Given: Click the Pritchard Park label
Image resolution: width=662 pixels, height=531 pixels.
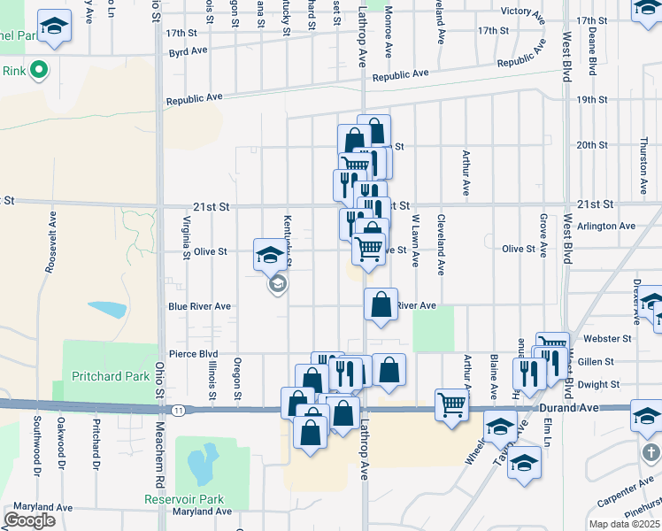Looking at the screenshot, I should (x=111, y=376).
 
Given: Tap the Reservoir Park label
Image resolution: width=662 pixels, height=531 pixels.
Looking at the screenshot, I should (x=185, y=499).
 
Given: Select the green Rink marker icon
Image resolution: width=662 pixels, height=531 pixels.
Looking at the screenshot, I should (x=38, y=71).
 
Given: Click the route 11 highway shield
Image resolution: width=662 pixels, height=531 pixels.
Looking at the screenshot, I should (x=179, y=410).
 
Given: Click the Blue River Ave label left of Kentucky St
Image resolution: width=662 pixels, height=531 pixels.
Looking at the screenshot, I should (x=199, y=307).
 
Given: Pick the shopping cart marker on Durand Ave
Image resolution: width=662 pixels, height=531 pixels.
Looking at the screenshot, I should (x=451, y=404).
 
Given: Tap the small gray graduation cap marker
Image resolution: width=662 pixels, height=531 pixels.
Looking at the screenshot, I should (x=278, y=283).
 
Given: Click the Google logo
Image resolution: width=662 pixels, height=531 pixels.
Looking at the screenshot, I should (x=29, y=520).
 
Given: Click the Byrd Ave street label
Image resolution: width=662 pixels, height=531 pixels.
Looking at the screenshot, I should (x=188, y=52).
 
